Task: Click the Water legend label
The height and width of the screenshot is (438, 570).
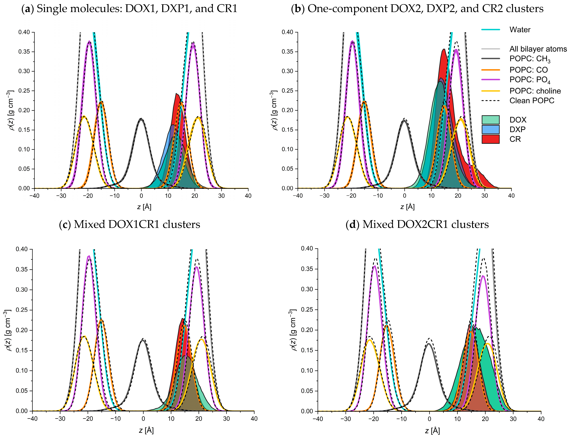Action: (x=520, y=30)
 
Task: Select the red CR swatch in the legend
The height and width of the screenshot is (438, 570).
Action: (x=490, y=139)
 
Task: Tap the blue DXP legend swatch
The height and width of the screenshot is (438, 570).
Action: (x=490, y=129)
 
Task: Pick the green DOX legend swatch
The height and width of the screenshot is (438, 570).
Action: (x=490, y=120)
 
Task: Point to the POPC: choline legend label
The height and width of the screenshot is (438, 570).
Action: (x=535, y=91)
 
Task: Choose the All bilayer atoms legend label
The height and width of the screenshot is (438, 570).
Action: (x=538, y=49)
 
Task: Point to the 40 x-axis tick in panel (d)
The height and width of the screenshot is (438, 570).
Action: (x=541, y=419)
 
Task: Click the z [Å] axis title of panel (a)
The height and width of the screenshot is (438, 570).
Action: (x=144, y=207)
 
